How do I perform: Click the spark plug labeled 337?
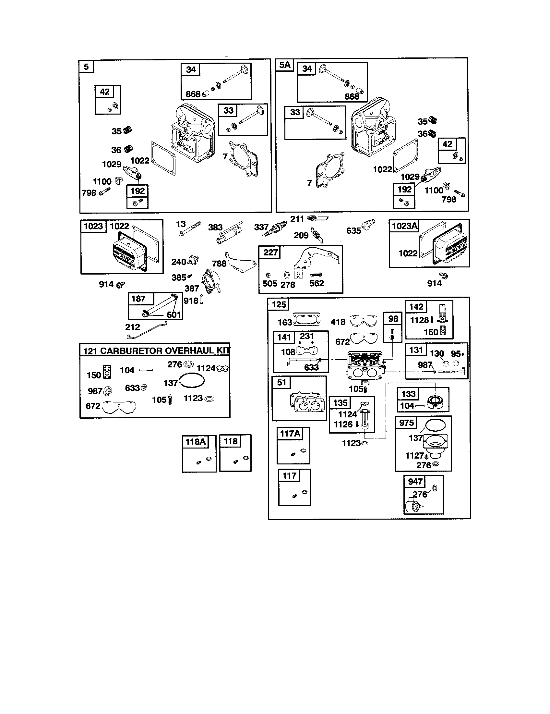click(274, 229)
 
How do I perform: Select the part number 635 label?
click(353, 231)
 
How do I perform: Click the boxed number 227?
click(270, 252)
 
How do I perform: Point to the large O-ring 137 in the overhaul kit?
click(192, 381)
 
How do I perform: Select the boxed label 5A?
click(284, 65)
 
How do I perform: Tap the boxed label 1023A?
click(404, 226)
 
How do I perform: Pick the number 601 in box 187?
click(174, 314)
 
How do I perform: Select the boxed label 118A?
click(195, 442)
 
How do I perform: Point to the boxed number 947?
click(415, 481)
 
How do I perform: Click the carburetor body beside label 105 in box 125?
click(365, 366)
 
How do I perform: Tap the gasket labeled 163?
click(306, 319)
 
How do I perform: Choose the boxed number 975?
click(406, 423)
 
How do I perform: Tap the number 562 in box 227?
click(317, 283)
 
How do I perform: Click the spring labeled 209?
click(317, 235)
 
